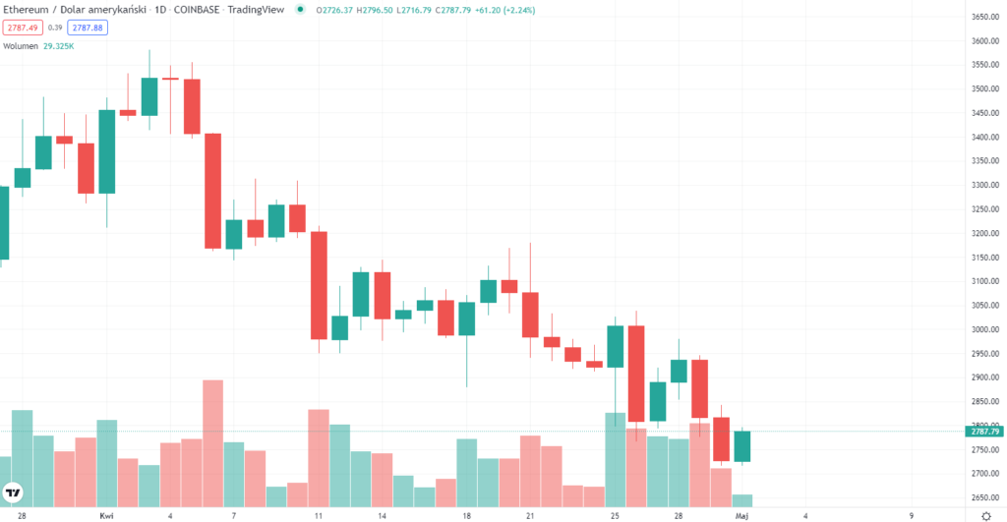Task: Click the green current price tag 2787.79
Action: (x=985, y=432)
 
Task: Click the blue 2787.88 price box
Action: (x=87, y=28)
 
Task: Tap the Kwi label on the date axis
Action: (x=106, y=514)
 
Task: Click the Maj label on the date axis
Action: (x=744, y=514)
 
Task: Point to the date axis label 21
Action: (x=530, y=514)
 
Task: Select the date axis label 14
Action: (x=383, y=514)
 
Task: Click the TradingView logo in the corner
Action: (x=14, y=493)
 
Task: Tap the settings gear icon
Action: (x=985, y=514)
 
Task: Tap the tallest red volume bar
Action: (x=212, y=442)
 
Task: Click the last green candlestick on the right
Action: (x=742, y=446)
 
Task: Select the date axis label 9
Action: (x=912, y=514)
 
